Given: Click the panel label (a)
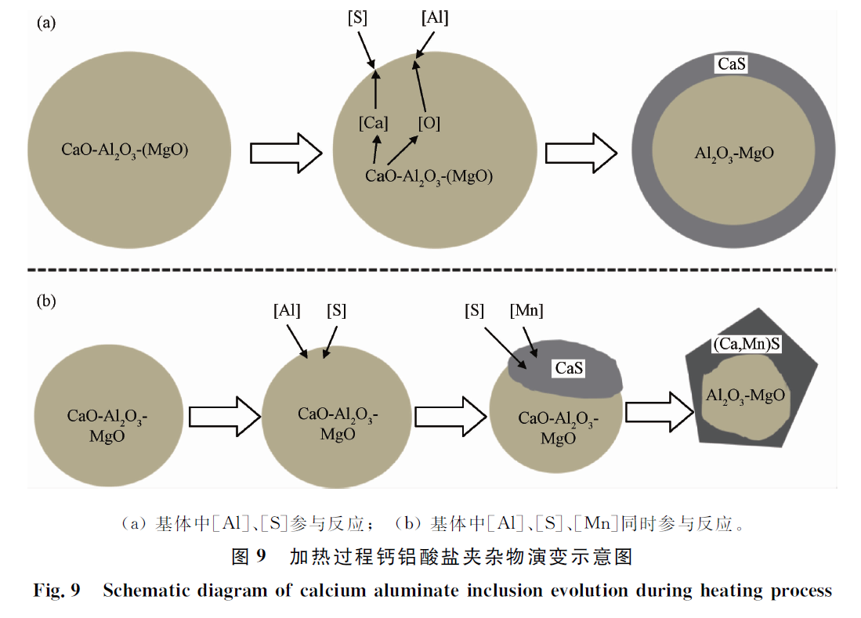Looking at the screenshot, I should (47, 23).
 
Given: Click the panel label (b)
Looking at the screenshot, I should (48, 300).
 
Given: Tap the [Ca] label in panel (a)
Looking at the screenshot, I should (374, 123).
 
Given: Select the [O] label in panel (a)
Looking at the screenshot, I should (429, 123).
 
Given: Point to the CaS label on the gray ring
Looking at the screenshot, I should (731, 64).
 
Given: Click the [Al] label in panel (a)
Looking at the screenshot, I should (434, 18).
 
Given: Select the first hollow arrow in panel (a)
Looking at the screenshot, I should (286, 151).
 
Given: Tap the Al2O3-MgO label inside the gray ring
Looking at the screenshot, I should (734, 154).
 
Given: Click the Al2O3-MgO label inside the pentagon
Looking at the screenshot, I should (745, 395).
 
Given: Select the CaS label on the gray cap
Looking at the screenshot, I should (569, 367).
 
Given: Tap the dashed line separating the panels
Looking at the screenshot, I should (431, 270).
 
